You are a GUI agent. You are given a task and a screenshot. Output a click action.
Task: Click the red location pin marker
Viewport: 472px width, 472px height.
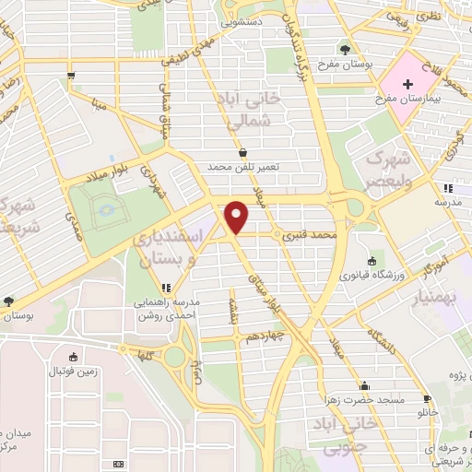point(238,217)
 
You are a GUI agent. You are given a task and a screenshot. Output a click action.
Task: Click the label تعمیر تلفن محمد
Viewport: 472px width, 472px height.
point(242,166)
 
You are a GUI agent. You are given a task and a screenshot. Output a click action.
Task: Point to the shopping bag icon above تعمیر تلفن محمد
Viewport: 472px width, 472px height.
point(242,152)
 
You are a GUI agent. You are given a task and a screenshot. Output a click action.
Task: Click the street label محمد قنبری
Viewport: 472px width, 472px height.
point(303,237)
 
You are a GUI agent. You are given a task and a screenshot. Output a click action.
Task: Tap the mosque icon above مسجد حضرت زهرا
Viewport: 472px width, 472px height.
point(365,386)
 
